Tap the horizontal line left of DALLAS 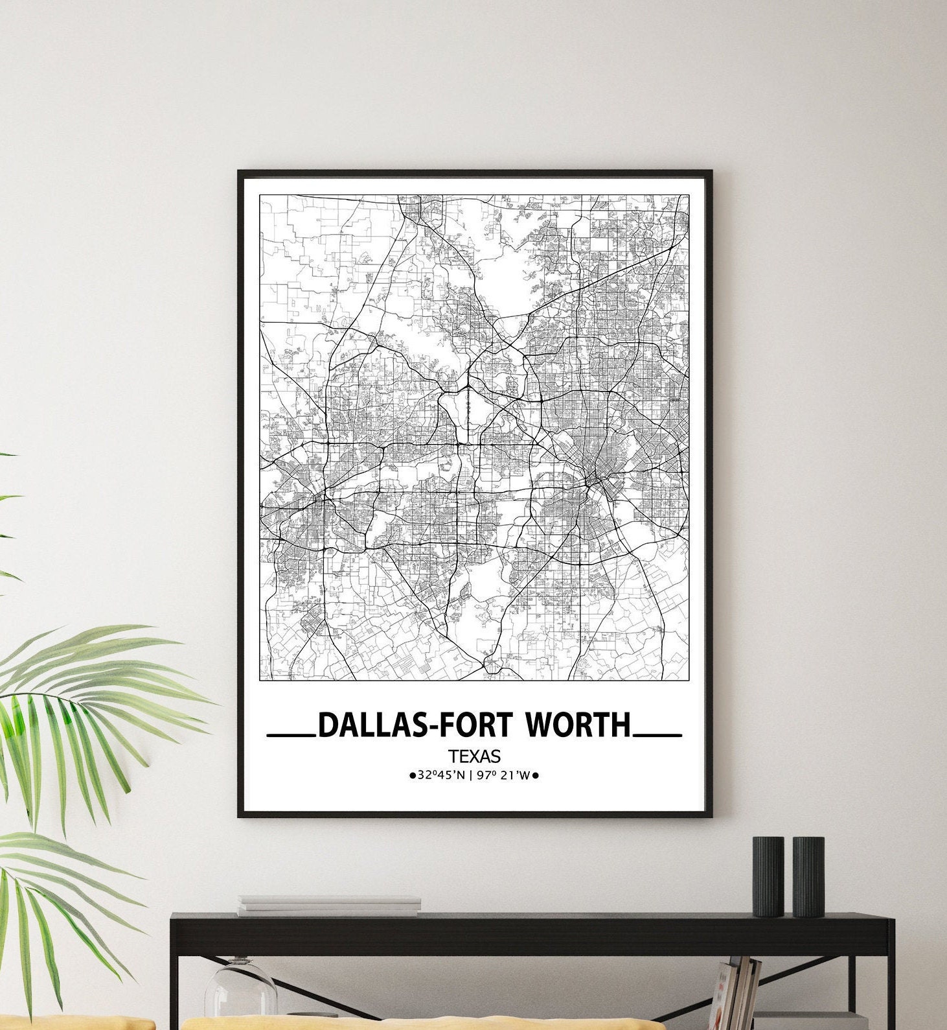point(291,736)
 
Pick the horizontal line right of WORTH point(657,736)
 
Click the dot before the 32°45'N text point(412,775)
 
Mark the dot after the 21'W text point(537,775)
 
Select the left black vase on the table point(768,876)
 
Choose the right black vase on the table point(808,876)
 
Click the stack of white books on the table point(329,906)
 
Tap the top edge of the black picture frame point(475,172)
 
